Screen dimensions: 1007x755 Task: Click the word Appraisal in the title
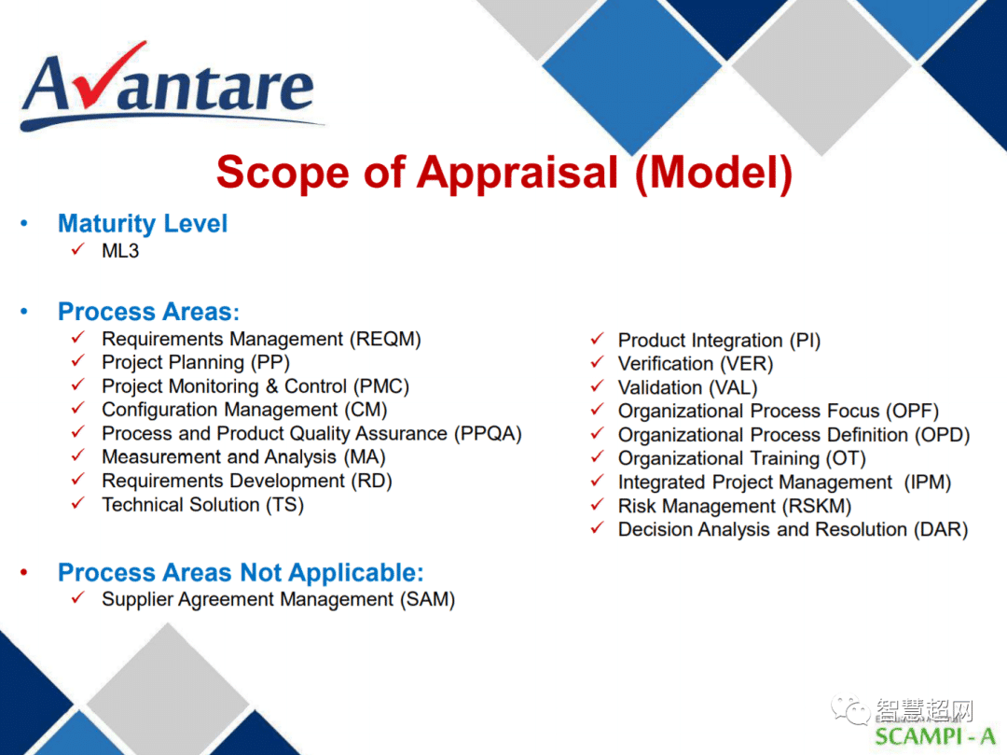[517, 173]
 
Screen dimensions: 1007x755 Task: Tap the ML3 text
[120, 251]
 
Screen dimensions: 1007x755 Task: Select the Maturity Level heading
[143, 224]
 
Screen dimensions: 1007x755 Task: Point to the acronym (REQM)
[385, 339]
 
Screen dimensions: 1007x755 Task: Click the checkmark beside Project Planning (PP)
[77, 361]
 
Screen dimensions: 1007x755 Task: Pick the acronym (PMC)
[380, 386]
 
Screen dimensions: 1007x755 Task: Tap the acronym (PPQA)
[488, 434]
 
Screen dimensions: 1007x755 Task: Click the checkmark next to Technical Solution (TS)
[77, 503]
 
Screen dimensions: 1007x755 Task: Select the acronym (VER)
[746, 364]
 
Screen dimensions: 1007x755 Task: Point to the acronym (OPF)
[912, 412]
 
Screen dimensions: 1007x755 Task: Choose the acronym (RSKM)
[816, 507]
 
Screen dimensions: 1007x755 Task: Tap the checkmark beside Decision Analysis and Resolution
[598, 528]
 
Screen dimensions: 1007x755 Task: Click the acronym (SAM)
[427, 599]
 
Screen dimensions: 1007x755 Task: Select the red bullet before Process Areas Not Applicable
[23, 572]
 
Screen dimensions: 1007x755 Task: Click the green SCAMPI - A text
[934, 736]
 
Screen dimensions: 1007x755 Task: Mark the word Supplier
[137, 599]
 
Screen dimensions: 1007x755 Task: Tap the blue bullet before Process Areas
[23, 312]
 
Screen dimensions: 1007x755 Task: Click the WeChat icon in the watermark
[850, 709]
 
